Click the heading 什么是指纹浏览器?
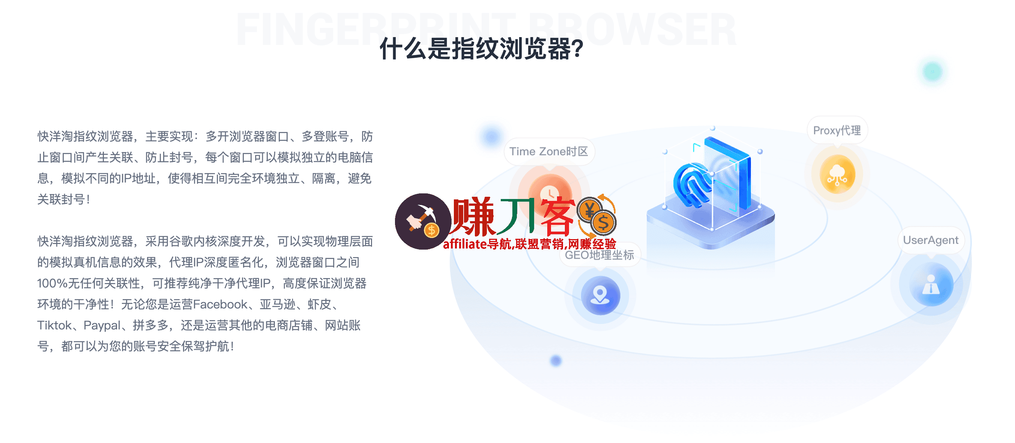[481, 49]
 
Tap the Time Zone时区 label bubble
[548, 152]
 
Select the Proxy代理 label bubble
[837, 130]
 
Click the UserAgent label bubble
[930, 240]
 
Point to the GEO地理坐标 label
[599, 255]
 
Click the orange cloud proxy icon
[837, 174]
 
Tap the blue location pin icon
[600, 295]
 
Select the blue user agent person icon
[931, 284]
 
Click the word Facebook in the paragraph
[220, 304]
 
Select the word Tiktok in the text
[54, 325]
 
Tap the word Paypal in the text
[102, 325]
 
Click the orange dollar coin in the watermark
[602, 223]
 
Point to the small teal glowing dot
[932, 72]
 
